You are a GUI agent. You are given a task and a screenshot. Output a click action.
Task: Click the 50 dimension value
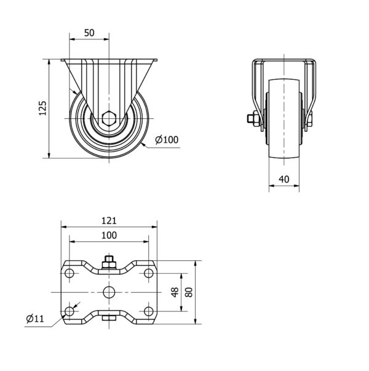89,33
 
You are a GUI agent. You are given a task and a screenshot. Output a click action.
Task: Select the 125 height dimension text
42,108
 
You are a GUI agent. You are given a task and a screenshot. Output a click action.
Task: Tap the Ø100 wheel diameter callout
167,140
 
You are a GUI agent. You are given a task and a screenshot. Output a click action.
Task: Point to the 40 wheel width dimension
284,179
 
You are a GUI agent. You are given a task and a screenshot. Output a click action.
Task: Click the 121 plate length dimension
109,221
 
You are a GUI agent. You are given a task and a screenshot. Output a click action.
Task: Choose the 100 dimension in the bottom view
109,235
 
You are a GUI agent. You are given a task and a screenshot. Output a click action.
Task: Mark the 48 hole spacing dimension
175,292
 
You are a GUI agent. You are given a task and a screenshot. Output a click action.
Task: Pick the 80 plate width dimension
189,292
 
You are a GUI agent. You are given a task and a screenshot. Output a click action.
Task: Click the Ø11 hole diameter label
35,319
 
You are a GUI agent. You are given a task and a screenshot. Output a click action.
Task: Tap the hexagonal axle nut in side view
109,118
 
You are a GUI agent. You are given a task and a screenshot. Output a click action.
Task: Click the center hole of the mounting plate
109,292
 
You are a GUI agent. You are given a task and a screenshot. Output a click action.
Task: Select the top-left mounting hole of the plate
69,273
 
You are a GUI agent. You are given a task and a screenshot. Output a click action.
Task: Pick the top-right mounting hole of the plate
149,273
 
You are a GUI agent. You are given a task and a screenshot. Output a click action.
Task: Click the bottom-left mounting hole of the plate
69,311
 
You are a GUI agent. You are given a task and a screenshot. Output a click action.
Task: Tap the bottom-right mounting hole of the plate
149,311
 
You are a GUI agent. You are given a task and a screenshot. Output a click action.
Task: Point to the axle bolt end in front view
250,118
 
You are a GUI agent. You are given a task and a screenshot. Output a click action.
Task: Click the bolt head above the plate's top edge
109,262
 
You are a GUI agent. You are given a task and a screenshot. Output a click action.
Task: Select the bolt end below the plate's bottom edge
109,318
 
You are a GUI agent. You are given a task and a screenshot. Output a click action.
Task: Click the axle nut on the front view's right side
310,118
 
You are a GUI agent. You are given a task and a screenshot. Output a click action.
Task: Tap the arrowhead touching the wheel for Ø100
143,144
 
